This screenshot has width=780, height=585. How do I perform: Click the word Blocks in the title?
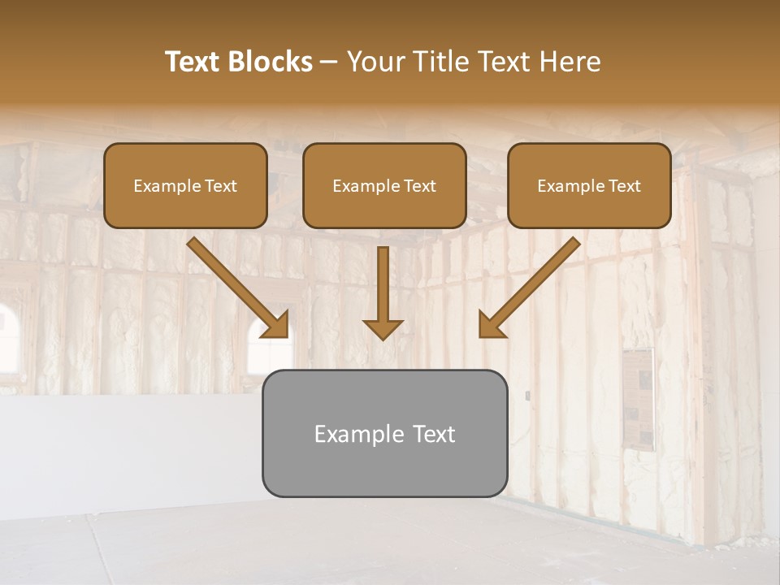272,62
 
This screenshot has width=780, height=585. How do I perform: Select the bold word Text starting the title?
194,62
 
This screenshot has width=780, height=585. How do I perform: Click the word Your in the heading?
375,62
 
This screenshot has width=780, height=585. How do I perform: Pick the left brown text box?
185,185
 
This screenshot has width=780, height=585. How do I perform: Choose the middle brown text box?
384,185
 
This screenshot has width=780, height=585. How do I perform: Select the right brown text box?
589,185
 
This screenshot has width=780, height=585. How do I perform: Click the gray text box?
384,433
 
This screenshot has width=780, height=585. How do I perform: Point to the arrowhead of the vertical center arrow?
383,327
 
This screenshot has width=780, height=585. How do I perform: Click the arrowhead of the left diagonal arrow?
276,325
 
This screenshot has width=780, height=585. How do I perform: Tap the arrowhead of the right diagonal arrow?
490,325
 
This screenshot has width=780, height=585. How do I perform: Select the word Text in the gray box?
434,434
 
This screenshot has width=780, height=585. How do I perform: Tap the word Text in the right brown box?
624,186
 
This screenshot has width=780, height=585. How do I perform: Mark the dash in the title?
329,62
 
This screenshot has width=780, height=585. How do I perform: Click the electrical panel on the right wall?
639,398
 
